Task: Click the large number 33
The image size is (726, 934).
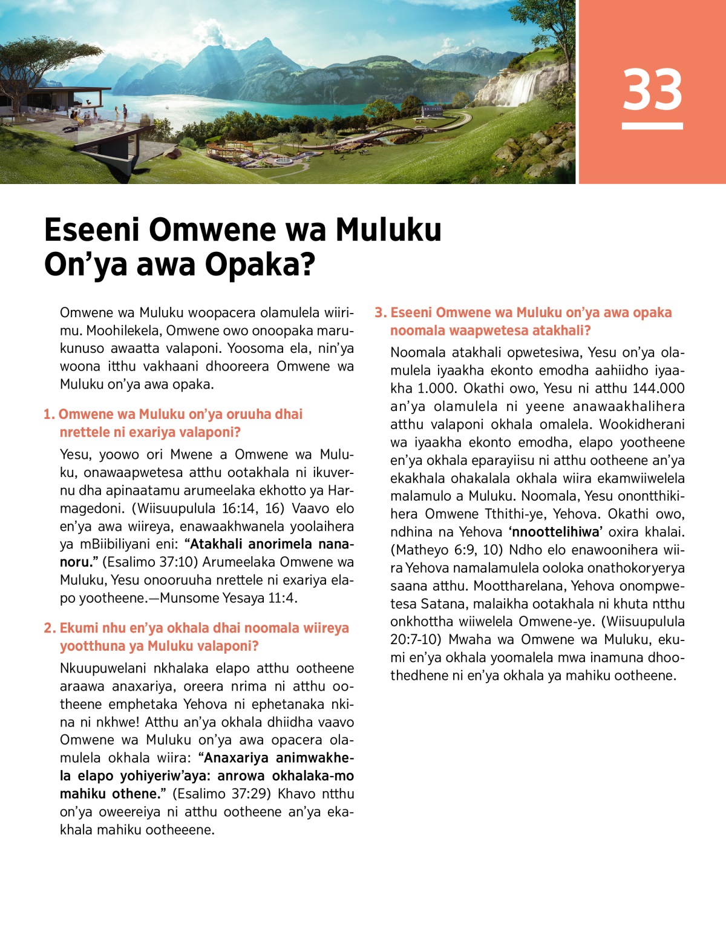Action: [652, 90]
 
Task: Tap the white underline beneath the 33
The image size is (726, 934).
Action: [652, 126]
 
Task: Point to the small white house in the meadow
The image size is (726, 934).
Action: [431, 111]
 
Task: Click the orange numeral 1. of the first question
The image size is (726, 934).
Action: [49, 415]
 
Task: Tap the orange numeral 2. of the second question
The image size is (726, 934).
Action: [50, 628]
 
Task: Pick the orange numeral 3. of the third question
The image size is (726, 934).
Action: [380, 313]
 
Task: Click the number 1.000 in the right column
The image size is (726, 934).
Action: [434, 389]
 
